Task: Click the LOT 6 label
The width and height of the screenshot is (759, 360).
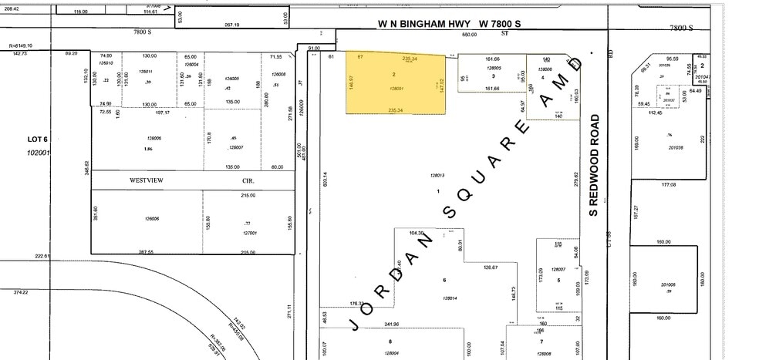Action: point(38,139)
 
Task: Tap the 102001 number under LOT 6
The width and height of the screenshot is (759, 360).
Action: point(38,152)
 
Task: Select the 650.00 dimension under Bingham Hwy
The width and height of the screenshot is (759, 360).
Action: point(469,35)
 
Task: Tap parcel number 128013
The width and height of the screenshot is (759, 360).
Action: point(438,177)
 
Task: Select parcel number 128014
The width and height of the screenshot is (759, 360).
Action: point(451,298)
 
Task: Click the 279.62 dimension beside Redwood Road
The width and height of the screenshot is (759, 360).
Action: point(577,180)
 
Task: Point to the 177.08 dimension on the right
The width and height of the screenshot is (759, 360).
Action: point(668,185)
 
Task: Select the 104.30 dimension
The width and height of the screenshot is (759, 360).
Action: point(415,232)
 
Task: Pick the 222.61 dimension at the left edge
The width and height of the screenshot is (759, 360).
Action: point(42,256)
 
